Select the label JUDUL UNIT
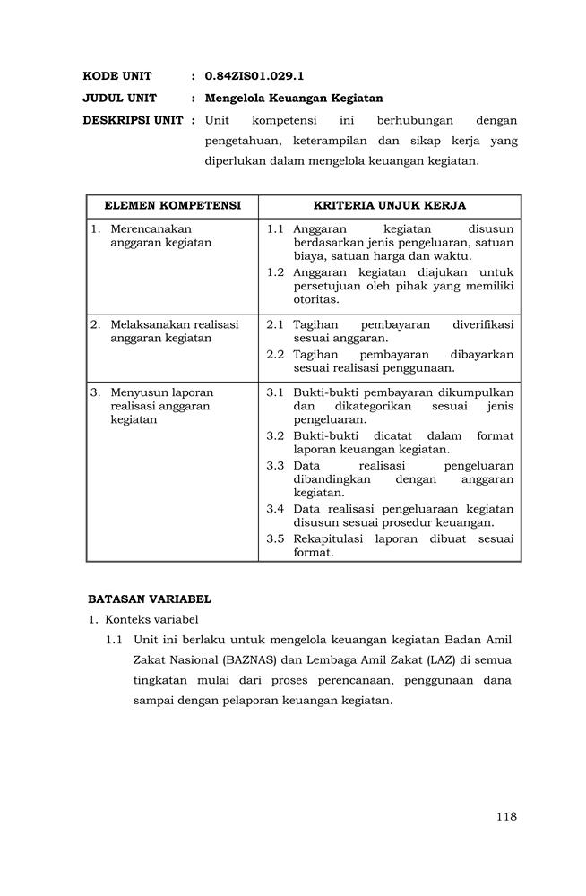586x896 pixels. pos(120,99)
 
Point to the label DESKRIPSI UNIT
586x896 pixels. pos(133,120)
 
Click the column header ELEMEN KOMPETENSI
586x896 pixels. pos(172,206)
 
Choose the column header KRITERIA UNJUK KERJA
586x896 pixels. pos(390,206)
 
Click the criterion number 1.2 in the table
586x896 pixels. pos(275,272)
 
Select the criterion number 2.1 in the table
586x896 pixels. pos(275,324)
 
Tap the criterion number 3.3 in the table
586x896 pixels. pos(275,466)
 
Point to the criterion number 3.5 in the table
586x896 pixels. pos(275,538)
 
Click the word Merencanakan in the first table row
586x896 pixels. pos(151,228)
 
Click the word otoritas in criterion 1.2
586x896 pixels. pos(314,299)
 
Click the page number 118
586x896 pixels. pos(505,815)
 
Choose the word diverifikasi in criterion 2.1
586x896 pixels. pos(483,324)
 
